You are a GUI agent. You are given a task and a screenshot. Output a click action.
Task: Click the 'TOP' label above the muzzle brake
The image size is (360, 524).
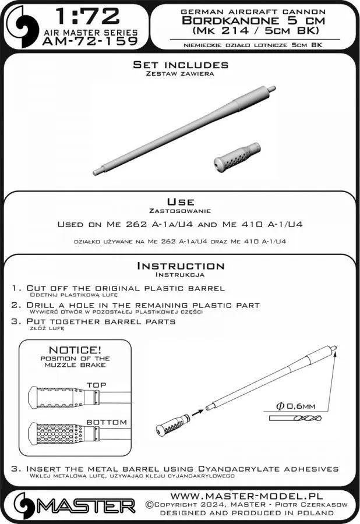coord(96,385)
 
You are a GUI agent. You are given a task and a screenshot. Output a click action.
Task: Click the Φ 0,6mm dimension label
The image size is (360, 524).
coord(298,406)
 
